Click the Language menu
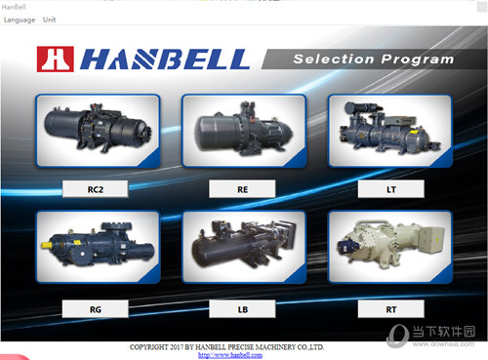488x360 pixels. point(19,20)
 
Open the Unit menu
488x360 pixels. point(50,20)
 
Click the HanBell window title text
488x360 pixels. point(14,7)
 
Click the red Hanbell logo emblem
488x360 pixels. point(55,60)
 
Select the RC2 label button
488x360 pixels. point(95,188)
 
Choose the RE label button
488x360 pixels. point(242,188)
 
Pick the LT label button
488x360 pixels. point(389,188)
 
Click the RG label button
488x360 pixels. point(95,309)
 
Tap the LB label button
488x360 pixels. point(242,309)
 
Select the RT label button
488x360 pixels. point(389,309)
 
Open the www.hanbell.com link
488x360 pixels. point(230,354)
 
